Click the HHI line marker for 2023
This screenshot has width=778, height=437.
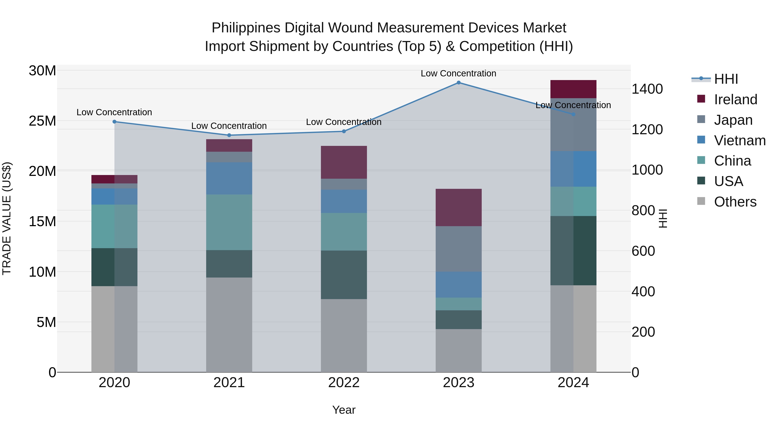458,83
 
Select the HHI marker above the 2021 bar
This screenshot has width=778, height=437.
229,135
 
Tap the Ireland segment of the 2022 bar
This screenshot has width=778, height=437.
344,162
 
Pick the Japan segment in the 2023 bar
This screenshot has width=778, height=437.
458,249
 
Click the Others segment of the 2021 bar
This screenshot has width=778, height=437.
229,325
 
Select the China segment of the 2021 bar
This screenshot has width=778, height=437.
229,222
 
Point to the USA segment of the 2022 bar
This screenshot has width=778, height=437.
344,275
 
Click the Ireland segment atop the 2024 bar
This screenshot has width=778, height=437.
573,89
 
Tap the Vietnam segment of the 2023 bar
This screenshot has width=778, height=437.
458,284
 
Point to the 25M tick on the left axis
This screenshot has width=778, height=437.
42,121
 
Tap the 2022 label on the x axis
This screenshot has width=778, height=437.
344,383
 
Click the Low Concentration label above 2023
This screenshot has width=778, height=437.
458,73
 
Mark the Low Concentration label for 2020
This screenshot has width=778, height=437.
114,112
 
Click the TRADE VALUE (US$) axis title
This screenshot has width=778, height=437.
7,218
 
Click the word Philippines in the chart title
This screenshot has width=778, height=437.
246,28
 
